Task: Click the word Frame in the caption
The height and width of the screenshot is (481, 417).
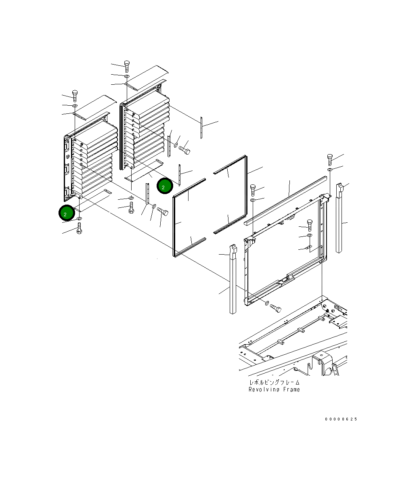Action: tap(291, 389)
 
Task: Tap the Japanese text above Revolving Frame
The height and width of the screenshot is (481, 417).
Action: tap(275, 383)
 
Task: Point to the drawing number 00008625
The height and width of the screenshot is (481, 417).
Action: tap(341, 419)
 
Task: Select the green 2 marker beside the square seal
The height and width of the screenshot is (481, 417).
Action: tap(165, 186)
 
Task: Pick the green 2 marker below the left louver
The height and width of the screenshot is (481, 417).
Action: tap(67, 213)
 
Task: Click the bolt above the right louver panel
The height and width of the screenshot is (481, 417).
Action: tap(127, 66)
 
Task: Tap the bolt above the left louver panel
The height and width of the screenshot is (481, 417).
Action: tap(75, 96)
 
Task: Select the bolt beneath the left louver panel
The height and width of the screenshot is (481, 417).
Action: tap(79, 228)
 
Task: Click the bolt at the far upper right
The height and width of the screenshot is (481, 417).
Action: tap(330, 159)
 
